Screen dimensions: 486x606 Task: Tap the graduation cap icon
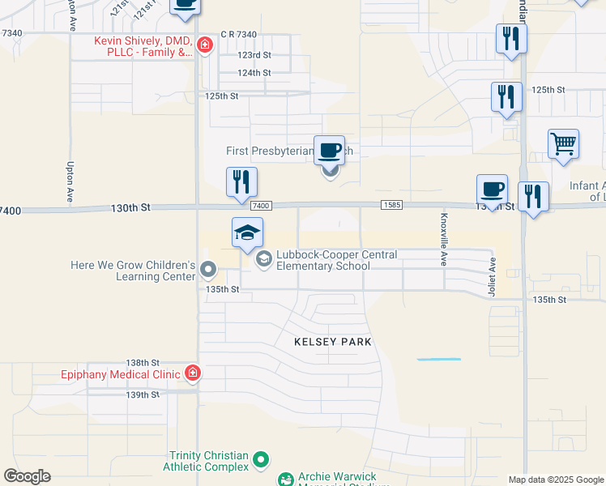pyautogui.click(x=248, y=234)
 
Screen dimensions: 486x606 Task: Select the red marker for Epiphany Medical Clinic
pyautogui.click(x=193, y=373)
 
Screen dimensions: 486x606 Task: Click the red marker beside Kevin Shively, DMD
pyautogui.click(x=204, y=45)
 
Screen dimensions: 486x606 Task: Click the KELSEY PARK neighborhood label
pyautogui.click(x=333, y=342)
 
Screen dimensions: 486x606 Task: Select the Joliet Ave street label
pyautogui.click(x=493, y=278)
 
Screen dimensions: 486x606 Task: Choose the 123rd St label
pyautogui.click(x=254, y=55)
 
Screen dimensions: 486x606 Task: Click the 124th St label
pyautogui.click(x=254, y=73)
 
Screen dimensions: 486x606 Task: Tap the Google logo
pyautogui.click(x=27, y=476)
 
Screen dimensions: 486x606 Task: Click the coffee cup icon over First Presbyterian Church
pyautogui.click(x=329, y=151)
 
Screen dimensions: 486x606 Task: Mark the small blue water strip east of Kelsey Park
pyautogui.click(x=438, y=359)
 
